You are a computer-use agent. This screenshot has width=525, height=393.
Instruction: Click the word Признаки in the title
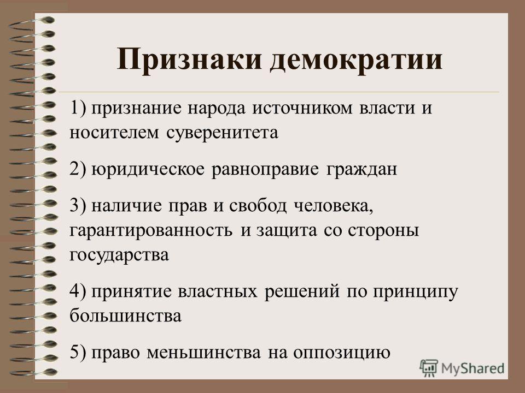tap(189, 59)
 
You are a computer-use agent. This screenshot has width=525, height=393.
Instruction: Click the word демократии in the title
tap(356, 60)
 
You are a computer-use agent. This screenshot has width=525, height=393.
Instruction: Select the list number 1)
tap(79, 109)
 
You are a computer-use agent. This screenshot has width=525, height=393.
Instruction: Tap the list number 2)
tap(79, 169)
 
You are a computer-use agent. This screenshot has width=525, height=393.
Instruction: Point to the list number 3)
tap(79, 205)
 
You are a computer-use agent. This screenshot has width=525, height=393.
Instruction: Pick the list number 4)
tap(79, 291)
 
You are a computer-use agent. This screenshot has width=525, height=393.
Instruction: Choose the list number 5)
tap(79, 352)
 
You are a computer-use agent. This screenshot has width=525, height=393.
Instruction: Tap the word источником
tap(302, 108)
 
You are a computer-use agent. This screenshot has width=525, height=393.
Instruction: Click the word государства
tap(119, 255)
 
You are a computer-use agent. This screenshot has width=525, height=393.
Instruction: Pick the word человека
tap(334, 206)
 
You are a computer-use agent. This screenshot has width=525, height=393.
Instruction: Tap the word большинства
tap(126, 315)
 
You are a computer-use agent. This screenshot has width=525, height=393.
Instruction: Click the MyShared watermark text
tap(472, 368)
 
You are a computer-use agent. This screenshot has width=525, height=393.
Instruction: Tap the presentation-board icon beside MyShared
tap(429, 368)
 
